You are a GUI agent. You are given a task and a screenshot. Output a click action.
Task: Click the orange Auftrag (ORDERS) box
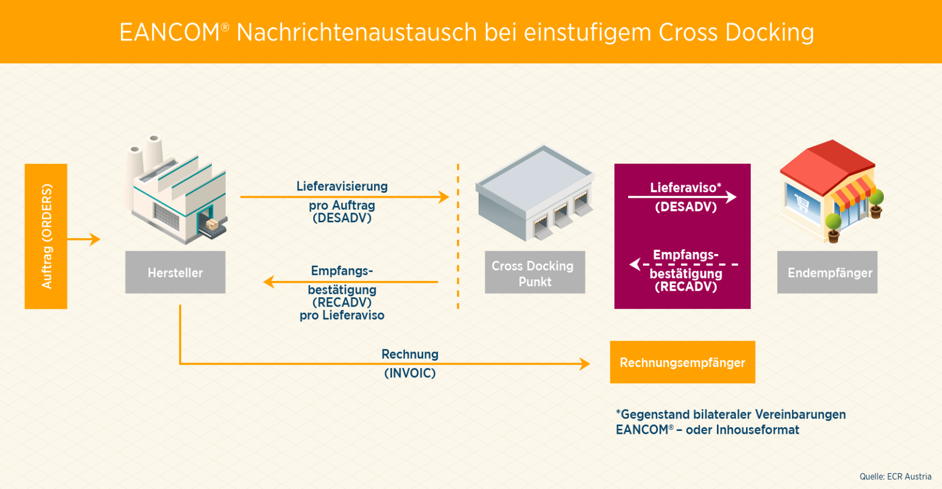click(x=46, y=236)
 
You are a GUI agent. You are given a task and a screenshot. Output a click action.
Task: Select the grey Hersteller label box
click(x=175, y=272)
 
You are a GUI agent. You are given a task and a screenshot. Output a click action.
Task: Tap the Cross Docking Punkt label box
click(x=535, y=272)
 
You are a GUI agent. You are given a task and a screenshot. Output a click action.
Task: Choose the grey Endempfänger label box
click(x=828, y=272)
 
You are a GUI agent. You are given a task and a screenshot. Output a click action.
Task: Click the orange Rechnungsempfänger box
click(x=682, y=362)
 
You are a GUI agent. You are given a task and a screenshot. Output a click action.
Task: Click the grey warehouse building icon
click(x=535, y=193)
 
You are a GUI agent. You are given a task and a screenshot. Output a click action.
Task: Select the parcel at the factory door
click(x=211, y=224)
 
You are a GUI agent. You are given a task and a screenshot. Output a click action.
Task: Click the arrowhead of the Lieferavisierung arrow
click(x=444, y=197)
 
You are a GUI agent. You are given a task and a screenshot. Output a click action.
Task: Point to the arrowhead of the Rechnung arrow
click(x=584, y=364)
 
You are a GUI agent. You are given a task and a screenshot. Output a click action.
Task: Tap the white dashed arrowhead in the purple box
click(x=635, y=264)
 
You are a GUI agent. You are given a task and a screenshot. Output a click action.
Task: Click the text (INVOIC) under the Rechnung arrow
click(x=410, y=373)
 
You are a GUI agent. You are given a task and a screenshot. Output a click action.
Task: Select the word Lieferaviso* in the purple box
click(x=686, y=188)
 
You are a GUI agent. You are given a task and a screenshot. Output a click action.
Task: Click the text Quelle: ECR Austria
click(x=895, y=476)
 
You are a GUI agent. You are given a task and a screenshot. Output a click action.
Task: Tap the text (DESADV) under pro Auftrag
click(x=342, y=218)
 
